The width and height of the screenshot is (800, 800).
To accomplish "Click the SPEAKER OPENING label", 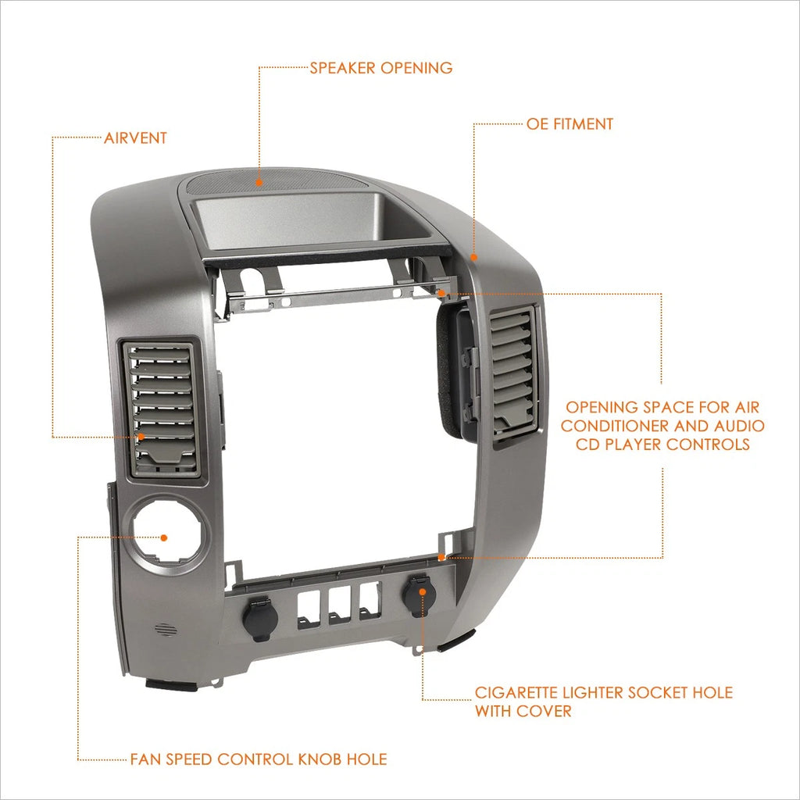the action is [381, 68].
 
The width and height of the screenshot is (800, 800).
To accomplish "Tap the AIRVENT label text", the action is [135, 138].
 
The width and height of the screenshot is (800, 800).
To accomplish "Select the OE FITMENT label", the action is [570, 124].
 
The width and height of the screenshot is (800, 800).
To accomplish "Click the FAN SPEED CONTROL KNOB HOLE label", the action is [259, 759].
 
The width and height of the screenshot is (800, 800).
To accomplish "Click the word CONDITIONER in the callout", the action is [614, 426].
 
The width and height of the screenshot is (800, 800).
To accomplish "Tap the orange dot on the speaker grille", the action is [259, 182].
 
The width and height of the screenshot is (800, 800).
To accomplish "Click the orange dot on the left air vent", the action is [141, 437].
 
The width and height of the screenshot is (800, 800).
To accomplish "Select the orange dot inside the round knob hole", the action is [164, 537].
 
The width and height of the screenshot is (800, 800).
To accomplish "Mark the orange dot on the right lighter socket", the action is [423, 591].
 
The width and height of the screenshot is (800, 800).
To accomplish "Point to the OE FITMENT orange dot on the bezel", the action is [473, 258].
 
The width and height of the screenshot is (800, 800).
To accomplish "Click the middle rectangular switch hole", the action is [339, 605].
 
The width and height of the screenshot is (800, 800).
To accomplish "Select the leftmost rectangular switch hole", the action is [309, 609].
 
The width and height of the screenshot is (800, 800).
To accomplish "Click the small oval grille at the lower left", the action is [166, 630].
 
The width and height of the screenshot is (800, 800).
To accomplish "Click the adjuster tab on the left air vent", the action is [164, 455].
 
